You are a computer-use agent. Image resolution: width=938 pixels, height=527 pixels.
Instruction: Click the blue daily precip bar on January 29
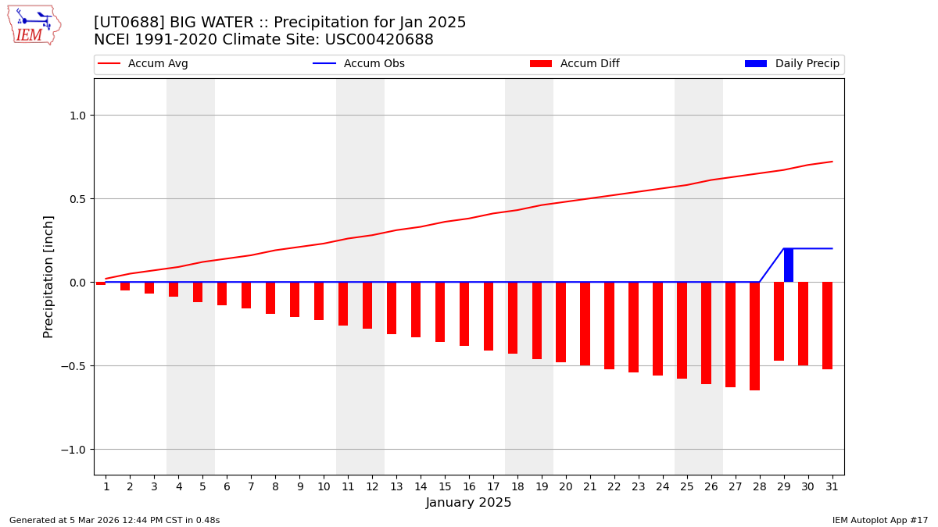pyautogui.click(x=789, y=265)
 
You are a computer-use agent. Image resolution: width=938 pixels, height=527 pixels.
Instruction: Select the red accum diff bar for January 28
pyautogui.click(x=754, y=336)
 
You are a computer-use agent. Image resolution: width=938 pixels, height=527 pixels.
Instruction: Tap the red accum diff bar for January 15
pyautogui.click(x=440, y=312)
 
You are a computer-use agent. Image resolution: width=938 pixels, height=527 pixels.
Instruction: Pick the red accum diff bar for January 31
pyautogui.click(x=827, y=326)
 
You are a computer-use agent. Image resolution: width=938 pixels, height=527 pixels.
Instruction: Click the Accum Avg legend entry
pyautogui.click(x=143, y=64)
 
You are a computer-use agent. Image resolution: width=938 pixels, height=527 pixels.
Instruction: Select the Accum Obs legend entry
pyautogui.click(x=359, y=64)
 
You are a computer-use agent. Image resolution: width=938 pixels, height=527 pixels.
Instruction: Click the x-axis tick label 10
pyautogui.click(x=324, y=486)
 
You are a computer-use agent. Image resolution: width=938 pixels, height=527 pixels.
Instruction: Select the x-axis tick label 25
pyautogui.click(x=686, y=486)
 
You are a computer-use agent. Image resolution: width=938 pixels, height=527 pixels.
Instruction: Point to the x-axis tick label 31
pyautogui.click(x=832, y=486)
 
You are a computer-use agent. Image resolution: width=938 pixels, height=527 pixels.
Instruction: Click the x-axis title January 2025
pyautogui.click(x=468, y=503)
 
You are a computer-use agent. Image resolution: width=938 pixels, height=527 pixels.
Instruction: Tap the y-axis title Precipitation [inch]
pyautogui.click(x=48, y=276)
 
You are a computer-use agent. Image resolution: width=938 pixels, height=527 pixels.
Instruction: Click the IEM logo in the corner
pyautogui.click(x=34, y=25)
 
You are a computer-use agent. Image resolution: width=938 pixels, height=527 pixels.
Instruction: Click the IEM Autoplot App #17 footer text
pyautogui.click(x=879, y=520)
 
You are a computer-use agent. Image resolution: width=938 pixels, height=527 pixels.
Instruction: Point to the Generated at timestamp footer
pyautogui.click(x=114, y=520)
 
